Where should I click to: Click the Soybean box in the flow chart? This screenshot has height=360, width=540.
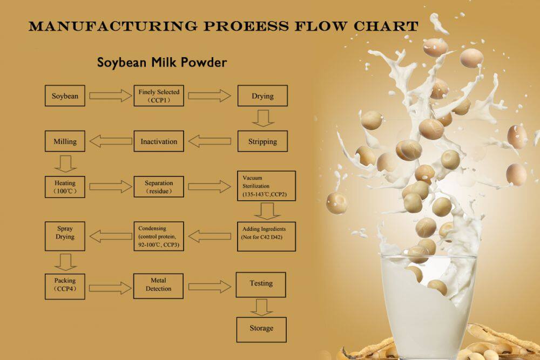click(x=65, y=96)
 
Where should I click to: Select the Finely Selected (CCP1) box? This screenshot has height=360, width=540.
click(x=159, y=96)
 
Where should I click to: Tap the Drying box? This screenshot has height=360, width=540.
click(x=262, y=96)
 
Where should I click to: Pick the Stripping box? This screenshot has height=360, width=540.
click(x=262, y=141)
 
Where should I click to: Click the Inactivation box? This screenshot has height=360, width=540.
click(x=159, y=141)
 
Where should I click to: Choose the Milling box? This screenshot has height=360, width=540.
click(x=65, y=141)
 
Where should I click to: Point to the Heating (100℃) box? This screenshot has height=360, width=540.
click(x=65, y=187)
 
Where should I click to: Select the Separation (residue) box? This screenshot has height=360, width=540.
click(x=159, y=187)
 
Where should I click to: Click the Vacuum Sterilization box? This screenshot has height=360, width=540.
click(x=266, y=186)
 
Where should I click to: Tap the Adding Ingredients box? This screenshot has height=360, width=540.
click(x=266, y=236)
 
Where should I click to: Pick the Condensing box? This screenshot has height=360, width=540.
click(x=159, y=236)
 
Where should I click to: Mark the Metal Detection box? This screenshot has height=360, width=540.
click(x=158, y=286)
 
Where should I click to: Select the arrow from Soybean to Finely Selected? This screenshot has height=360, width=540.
click(x=110, y=96)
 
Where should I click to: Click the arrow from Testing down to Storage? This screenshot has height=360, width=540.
click(x=261, y=307)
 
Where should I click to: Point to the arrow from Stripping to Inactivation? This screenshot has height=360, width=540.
click(x=210, y=141)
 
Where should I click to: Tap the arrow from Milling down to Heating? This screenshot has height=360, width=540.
click(x=65, y=164)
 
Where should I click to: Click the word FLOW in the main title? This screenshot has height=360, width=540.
click(x=321, y=26)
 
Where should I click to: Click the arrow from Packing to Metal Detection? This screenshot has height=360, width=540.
click(x=110, y=287)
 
